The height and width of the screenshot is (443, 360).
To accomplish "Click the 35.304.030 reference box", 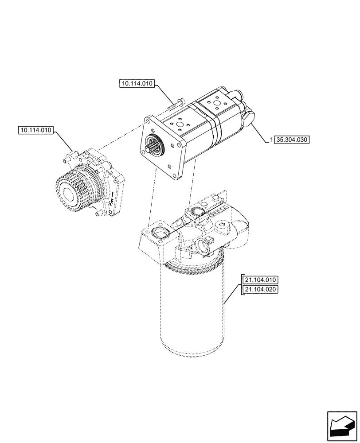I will click(x=293, y=140).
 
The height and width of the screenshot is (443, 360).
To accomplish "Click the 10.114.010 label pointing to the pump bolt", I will click(x=137, y=83).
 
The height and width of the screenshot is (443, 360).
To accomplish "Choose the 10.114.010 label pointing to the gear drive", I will click(x=36, y=131).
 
